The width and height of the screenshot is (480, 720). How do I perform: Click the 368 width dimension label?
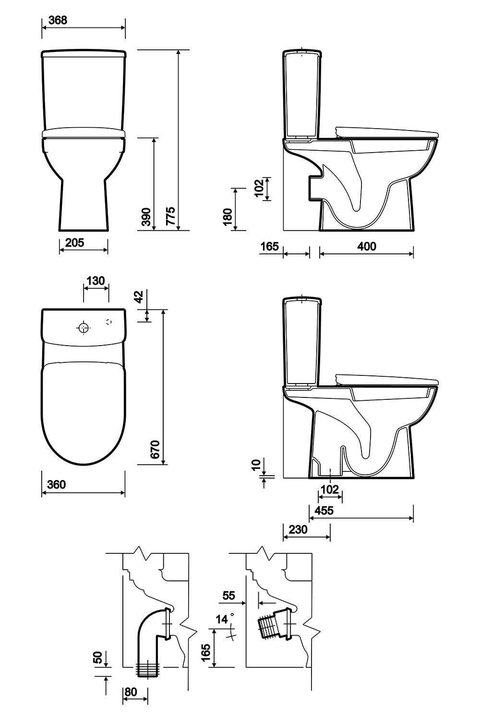[58, 20]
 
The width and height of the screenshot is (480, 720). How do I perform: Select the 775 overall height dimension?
[170, 216]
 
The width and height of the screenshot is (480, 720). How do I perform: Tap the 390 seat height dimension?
[147, 217]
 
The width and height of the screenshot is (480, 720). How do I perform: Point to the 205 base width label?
[74, 243]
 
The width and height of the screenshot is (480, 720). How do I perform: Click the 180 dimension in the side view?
[228, 217]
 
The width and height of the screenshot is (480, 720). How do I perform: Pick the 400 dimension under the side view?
[367, 247]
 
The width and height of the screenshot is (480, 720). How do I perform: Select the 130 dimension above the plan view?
[96, 280]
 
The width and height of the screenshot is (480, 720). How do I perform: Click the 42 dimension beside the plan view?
[139, 297]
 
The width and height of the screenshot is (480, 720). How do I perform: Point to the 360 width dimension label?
[56, 485]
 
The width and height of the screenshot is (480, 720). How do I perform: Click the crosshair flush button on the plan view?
[84, 328]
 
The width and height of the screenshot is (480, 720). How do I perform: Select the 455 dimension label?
[324, 511]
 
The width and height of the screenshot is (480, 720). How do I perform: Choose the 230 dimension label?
[298, 530]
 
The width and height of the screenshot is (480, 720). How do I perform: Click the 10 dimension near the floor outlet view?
[256, 465]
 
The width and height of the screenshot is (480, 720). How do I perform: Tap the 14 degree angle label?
[222, 620]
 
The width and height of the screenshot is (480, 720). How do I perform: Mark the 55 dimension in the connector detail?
[229, 596]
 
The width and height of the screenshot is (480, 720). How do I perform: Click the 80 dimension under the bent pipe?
[130, 692]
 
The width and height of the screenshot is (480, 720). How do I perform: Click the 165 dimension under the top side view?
[269, 247]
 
